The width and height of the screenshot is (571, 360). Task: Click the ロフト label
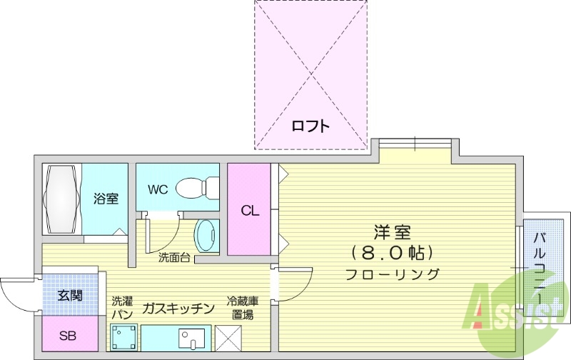coord(311,126)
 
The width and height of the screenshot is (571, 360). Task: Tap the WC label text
coord(158,189)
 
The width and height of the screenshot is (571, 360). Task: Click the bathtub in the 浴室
coord(62,199)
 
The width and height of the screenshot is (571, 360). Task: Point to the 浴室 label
coord(106,199)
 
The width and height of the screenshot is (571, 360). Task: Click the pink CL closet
coord(249,210)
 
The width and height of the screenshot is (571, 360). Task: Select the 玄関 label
coord(69,295)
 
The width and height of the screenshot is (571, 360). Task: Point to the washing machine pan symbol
coord(123,336)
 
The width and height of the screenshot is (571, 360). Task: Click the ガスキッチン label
coord(178,309)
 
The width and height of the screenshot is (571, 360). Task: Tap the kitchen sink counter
coord(177,337)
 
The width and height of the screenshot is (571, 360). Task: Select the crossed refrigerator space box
coord(228,336)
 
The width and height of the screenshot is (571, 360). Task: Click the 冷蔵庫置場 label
coord(240,308)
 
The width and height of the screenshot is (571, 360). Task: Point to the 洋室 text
coord(392,233)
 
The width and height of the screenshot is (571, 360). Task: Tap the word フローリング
coord(392,274)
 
